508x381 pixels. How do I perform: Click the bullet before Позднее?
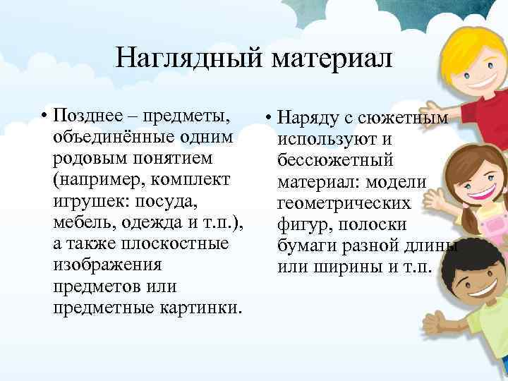44,115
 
